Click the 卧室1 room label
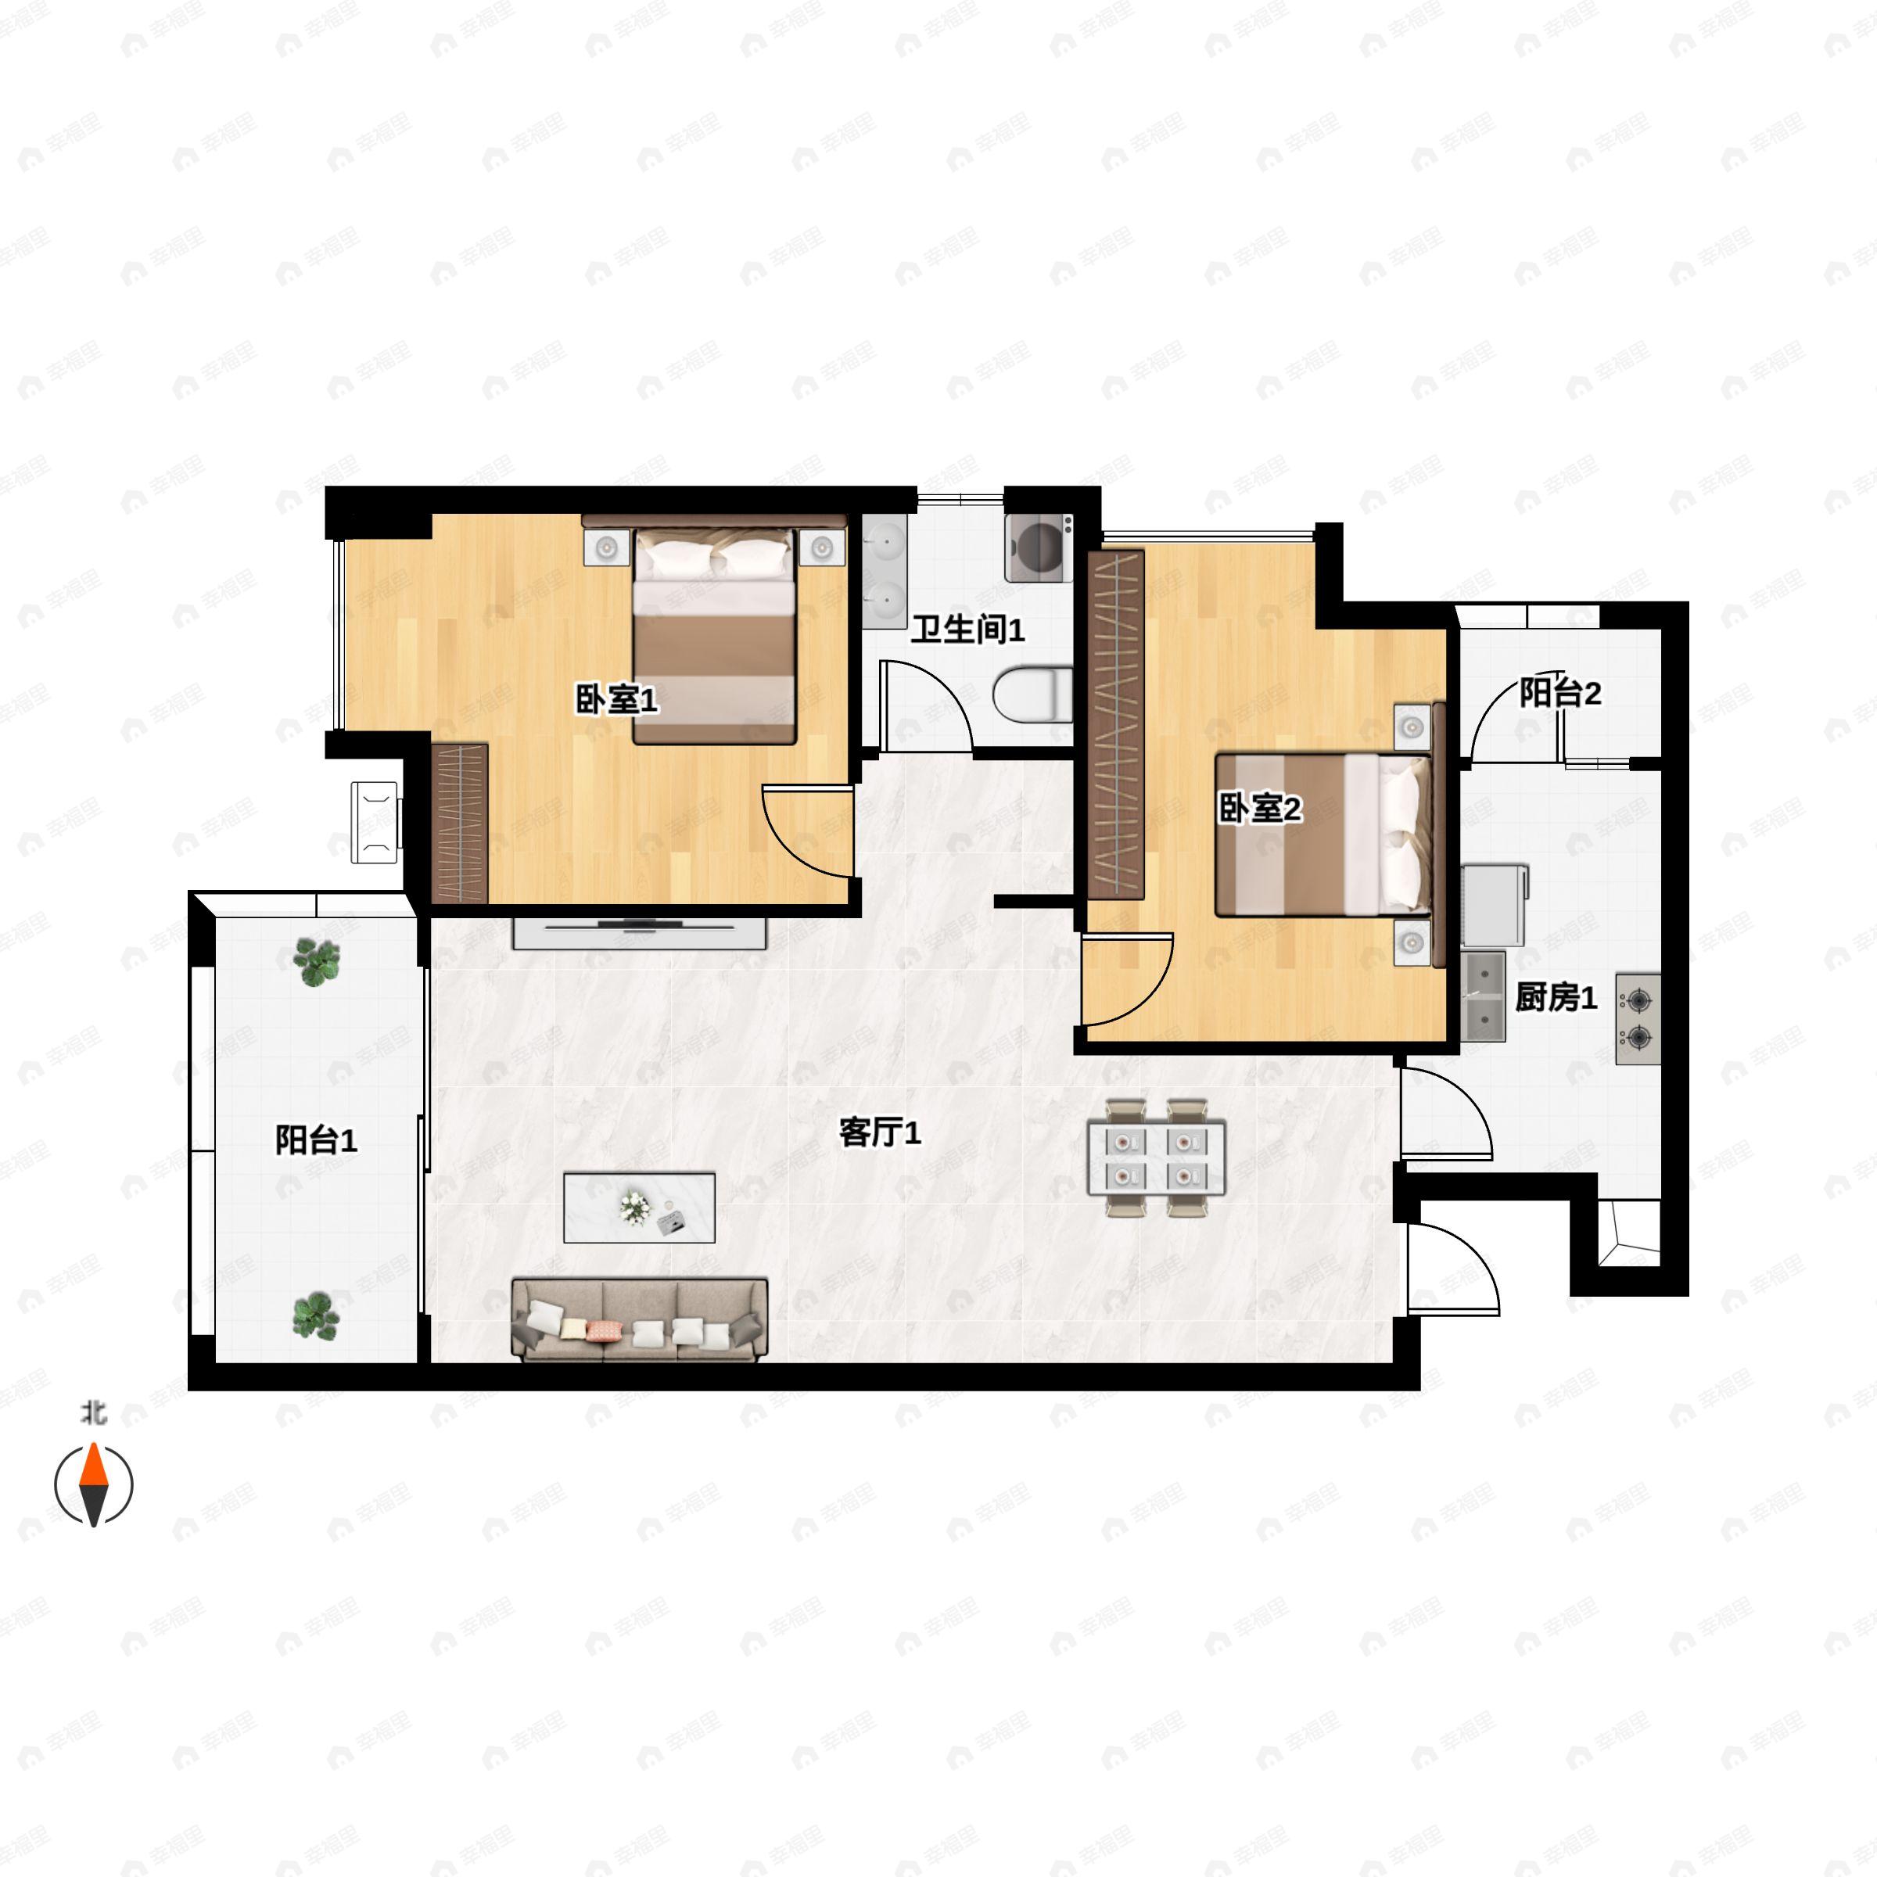tap(616, 698)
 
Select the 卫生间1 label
tap(967, 630)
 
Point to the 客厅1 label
tap(879, 1132)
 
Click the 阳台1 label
tap(316, 1139)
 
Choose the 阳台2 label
tap(1560, 693)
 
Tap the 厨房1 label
tap(1556, 997)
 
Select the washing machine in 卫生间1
tap(1039, 548)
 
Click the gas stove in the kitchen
tap(1638, 1019)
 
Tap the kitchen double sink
tap(1483, 997)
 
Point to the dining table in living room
tap(1156, 1157)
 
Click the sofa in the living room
tap(639, 1319)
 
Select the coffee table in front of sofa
tap(639, 1208)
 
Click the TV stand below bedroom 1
tap(639, 933)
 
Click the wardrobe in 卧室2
tap(1115, 726)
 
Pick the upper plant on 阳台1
tap(317, 962)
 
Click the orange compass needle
tap(93, 1464)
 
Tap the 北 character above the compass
tap(93, 1412)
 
